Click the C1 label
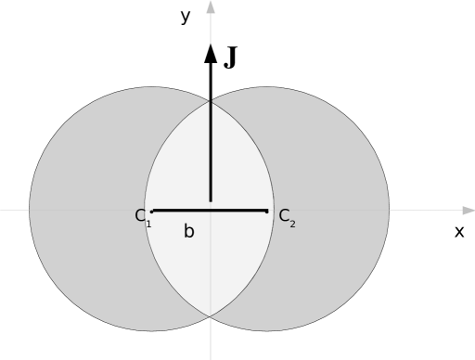(142, 217)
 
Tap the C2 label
(287, 217)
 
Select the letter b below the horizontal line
(188, 232)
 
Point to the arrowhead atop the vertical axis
(211, 7)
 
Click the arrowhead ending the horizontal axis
(469, 211)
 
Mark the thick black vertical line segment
(211, 148)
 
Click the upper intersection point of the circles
(211, 99)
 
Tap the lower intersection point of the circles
(211, 316)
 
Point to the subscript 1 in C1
(148, 224)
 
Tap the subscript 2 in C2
(292, 224)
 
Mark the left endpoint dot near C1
(152, 211)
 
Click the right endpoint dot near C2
(267, 211)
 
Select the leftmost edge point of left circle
(30, 210)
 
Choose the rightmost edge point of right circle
(389, 210)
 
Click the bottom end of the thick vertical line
(211, 199)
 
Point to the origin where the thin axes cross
(211, 211)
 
